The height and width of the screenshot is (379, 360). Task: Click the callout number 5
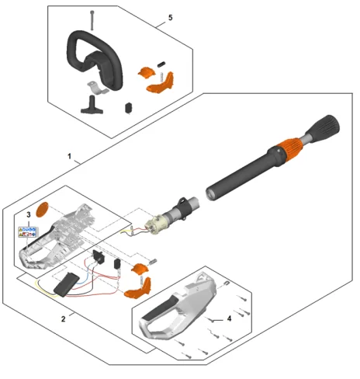pos(170,18)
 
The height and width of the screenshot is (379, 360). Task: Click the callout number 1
pos(69,156)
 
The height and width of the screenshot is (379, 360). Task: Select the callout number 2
pos(64,319)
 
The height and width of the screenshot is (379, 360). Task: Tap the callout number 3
pos(29,214)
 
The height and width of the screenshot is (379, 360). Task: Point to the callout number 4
pos(229,318)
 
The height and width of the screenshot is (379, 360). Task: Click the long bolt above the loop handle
pos(92,20)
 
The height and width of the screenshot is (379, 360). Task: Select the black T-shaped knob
pos(92,105)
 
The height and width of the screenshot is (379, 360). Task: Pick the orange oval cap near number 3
pos(42,210)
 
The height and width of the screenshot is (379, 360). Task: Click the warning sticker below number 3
pos(27,232)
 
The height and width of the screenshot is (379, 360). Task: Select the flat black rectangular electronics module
pos(66,283)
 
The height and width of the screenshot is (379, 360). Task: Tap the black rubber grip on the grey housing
pos(161,308)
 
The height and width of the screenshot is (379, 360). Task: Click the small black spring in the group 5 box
pos(161,64)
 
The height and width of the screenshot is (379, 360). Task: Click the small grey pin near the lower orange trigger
pos(153,262)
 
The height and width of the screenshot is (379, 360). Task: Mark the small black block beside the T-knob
pos(129,108)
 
